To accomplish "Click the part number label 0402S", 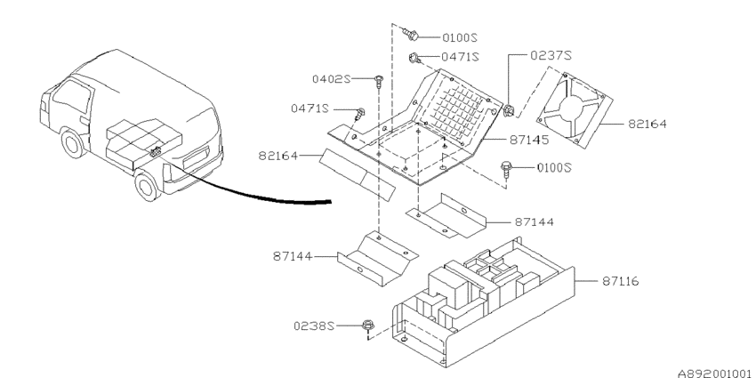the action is (331, 79).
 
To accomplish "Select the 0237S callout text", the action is (551, 55).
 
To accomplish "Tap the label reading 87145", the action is (529, 140).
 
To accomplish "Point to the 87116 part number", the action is (620, 280).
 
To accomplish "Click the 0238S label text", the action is (314, 326).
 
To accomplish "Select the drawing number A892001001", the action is (715, 374).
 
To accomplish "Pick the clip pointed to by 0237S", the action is (508, 111).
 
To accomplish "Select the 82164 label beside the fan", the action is (647, 124).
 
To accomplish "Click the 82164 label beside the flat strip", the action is (278, 156).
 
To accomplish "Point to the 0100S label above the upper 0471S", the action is (460, 37).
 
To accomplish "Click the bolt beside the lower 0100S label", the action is (506, 168).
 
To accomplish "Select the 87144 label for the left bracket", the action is (293, 256).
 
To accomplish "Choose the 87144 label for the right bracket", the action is (535, 222).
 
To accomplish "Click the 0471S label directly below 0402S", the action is (310, 109).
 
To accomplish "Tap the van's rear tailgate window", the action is (196, 157).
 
